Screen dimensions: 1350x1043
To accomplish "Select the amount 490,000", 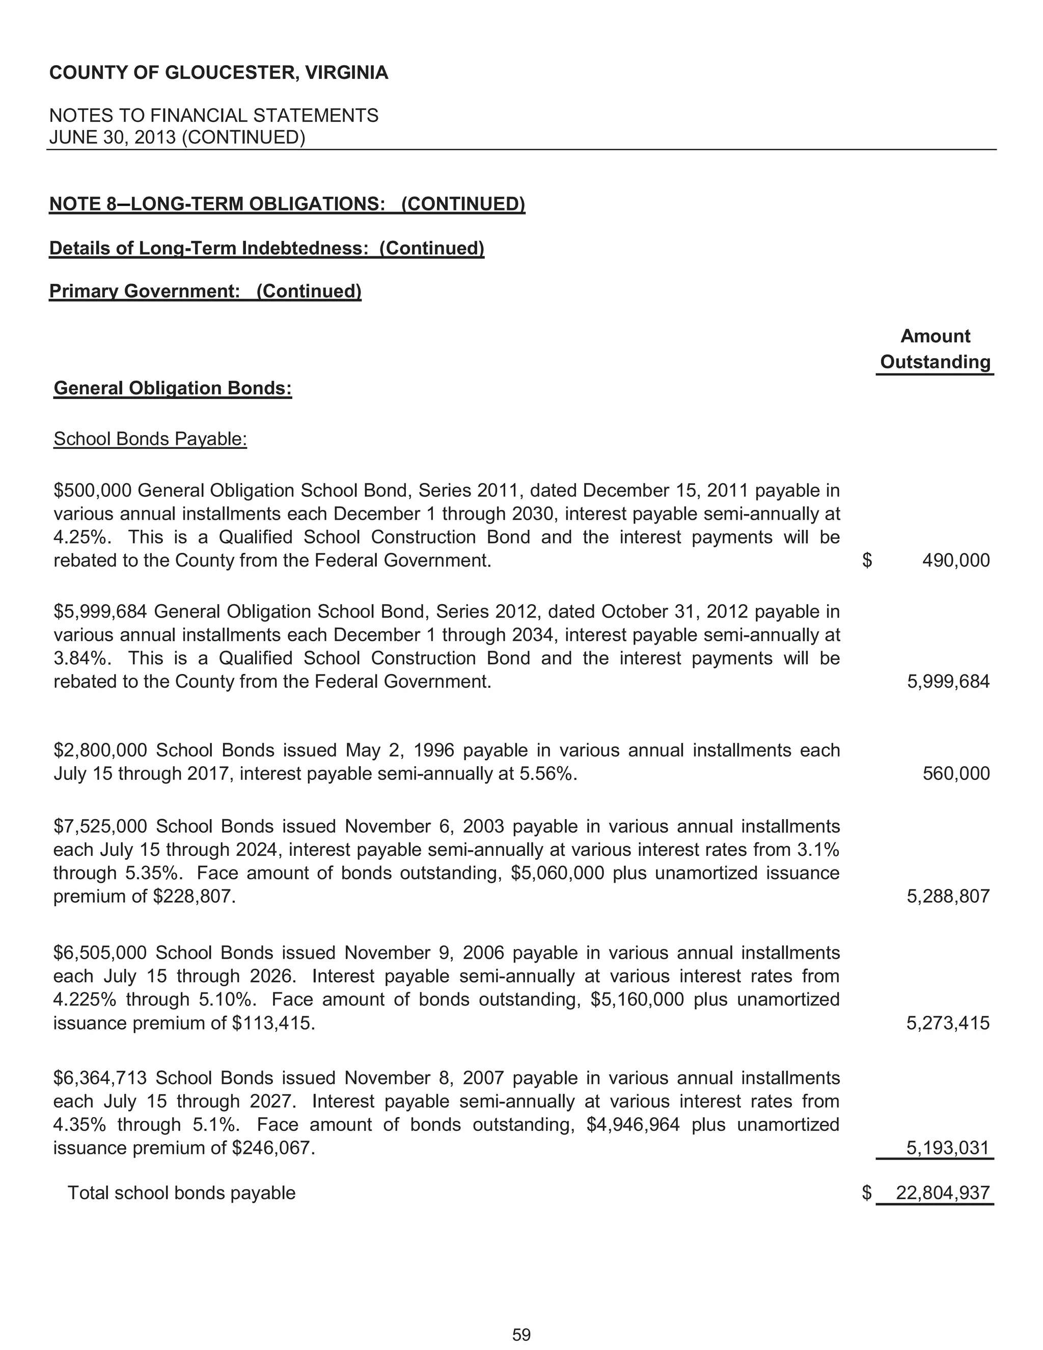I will pos(955,561).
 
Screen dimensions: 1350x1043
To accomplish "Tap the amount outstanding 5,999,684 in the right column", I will pos(948,682).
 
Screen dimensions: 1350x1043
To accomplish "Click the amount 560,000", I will pos(955,773).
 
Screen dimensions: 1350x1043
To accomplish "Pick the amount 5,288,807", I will pos(948,896).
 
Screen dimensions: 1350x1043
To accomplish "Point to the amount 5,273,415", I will pos(948,1023).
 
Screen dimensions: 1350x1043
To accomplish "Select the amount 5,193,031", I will pos(948,1148).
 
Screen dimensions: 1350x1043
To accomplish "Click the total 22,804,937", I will pos(942,1193).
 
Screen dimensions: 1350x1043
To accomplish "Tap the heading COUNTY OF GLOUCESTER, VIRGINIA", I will pos(218,73).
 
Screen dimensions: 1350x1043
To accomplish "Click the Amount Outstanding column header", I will pos(935,349).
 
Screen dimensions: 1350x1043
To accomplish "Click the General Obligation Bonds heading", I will pos(173,388).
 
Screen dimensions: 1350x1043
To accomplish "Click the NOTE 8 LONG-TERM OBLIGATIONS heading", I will pos(287,204).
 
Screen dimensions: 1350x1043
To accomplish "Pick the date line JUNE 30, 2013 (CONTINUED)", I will pos(177,137).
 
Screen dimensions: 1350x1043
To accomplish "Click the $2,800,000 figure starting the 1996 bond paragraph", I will pos(100,750).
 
